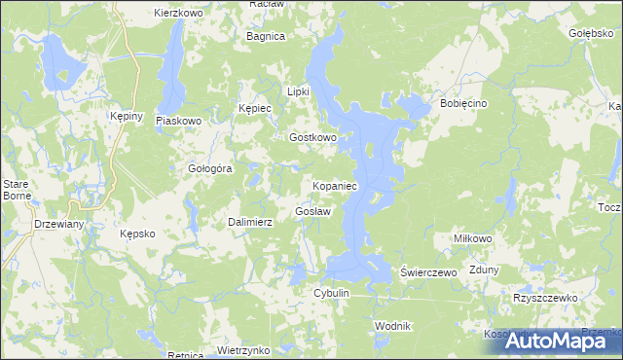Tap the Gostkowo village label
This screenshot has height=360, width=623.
pos(312,138)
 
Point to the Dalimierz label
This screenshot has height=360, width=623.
pos(250,222)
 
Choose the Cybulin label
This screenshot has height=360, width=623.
pos(331,293)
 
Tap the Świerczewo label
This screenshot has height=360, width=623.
pos(429,273)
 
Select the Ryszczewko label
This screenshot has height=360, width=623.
pos(545,298)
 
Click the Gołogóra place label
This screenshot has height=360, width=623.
pos(209,168)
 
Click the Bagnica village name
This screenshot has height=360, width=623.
pos(266,36)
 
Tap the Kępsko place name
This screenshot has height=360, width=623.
pos(137,234)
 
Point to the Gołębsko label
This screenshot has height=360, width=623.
pos(590,33)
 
